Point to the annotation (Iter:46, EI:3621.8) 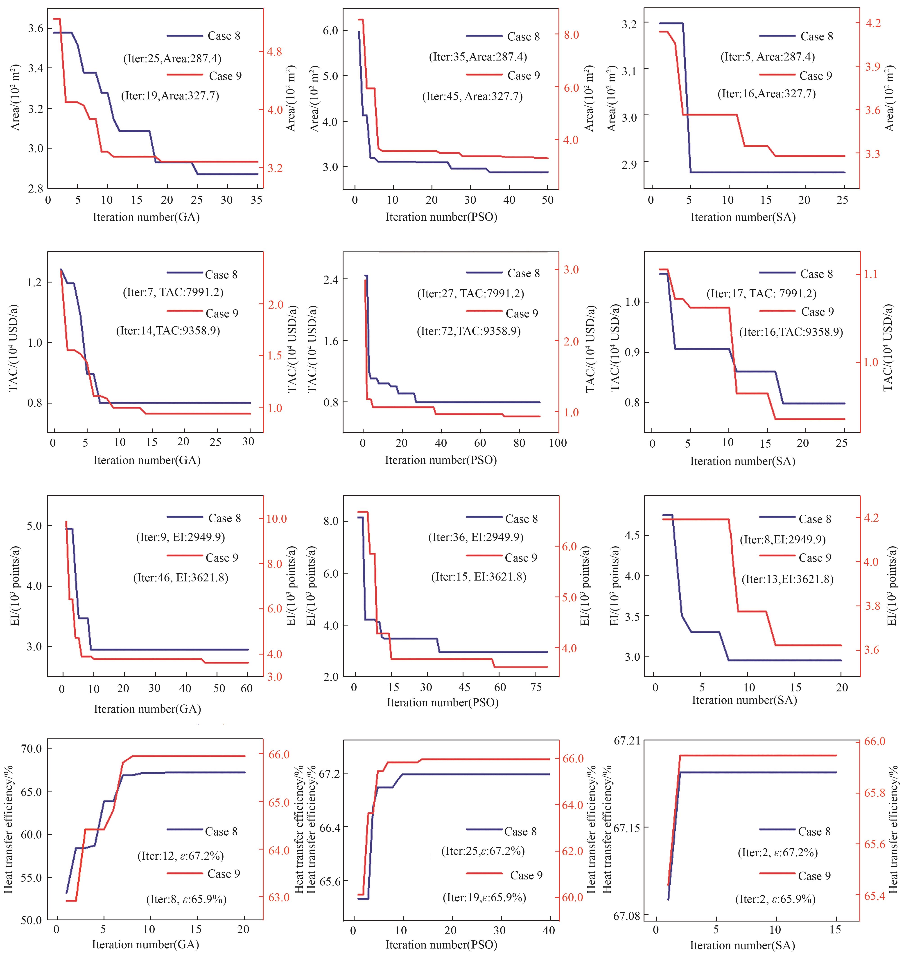[181, 577]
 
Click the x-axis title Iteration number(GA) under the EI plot [147, 709]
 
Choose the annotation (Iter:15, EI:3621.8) [478, 577]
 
